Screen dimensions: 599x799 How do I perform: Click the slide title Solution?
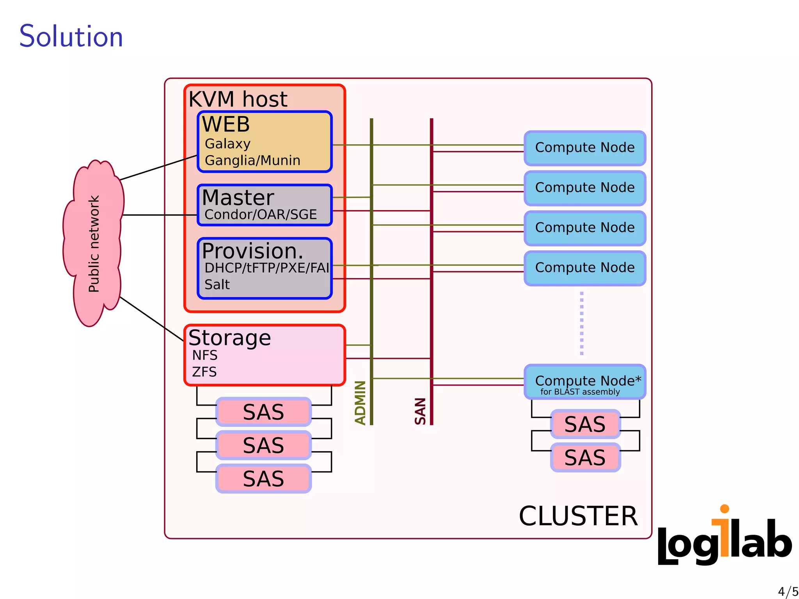tap(71, 36)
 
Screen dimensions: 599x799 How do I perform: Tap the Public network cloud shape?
tap(94, 244)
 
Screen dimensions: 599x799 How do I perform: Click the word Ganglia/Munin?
tap(252, 160)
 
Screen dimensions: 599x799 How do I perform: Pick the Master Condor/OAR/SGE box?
tap(264, 205)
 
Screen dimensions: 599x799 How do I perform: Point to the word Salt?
tap(217, 285)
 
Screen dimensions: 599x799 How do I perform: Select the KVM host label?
tap(238, 99)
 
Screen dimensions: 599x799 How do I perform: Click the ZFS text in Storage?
tap(204, 372)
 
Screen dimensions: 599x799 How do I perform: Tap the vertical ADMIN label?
tap(360, 402)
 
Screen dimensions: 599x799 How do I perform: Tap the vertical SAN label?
tap(420, 411)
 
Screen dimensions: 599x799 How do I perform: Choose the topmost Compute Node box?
tap(584, 148)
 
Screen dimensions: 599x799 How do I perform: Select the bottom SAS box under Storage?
tap(263, 478)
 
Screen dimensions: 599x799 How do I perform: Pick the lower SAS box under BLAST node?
tap(585, 457)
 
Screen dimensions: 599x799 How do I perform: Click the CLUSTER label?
tap(578, 516)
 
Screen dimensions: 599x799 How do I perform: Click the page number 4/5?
tap(787, 591)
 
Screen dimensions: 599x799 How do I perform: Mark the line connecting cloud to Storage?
tap(152, 319)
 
